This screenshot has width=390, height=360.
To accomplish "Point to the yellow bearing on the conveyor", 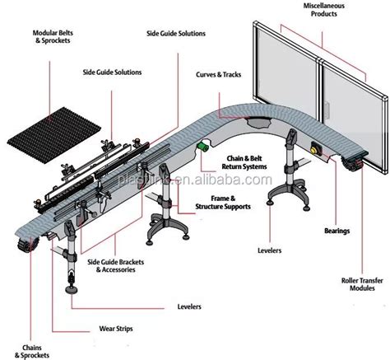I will click(x=315, y=151).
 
